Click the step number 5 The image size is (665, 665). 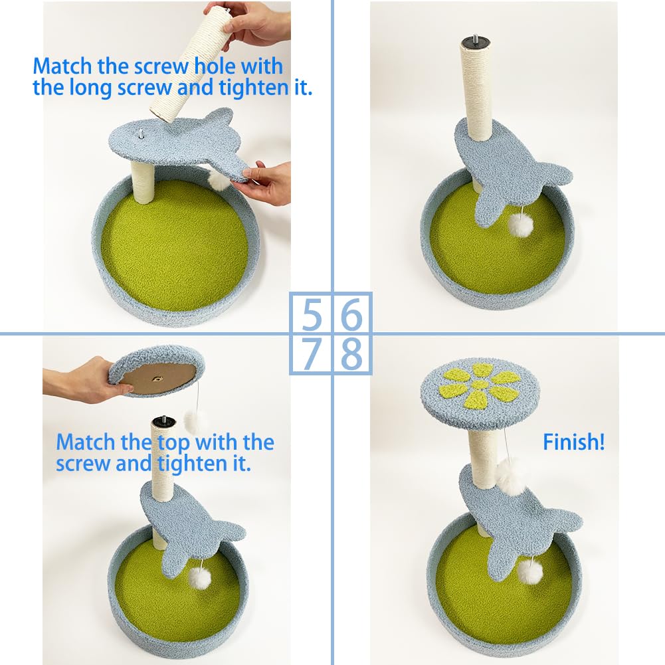(x=312, y=314)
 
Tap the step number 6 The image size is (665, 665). (x=351, y=314)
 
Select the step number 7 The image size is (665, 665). (x=312, y=353)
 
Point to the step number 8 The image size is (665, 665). (x=351, y=353)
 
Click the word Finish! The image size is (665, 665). (x=574, y=442)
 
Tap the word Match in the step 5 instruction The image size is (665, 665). (x=62, y=66)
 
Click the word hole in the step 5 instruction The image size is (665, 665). (x=215, y=66)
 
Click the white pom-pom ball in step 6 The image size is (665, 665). (x=520, y=225)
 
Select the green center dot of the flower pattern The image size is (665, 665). (x=480, y=385)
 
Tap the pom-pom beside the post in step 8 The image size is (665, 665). (x=511, y=476)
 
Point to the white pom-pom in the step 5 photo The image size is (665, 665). (x=219, y=180)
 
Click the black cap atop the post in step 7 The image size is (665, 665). (x=164, y=422)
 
